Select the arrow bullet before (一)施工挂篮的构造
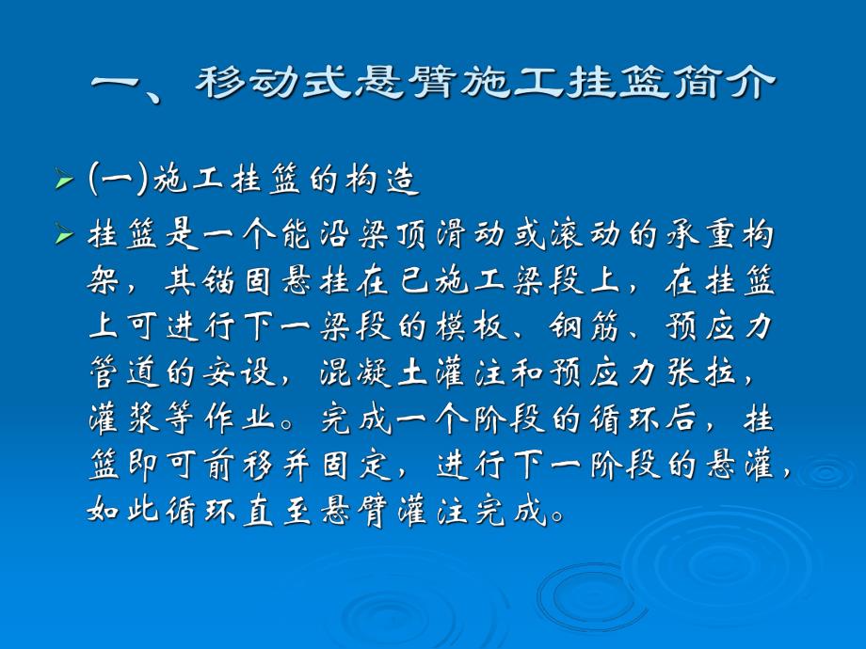64,180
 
